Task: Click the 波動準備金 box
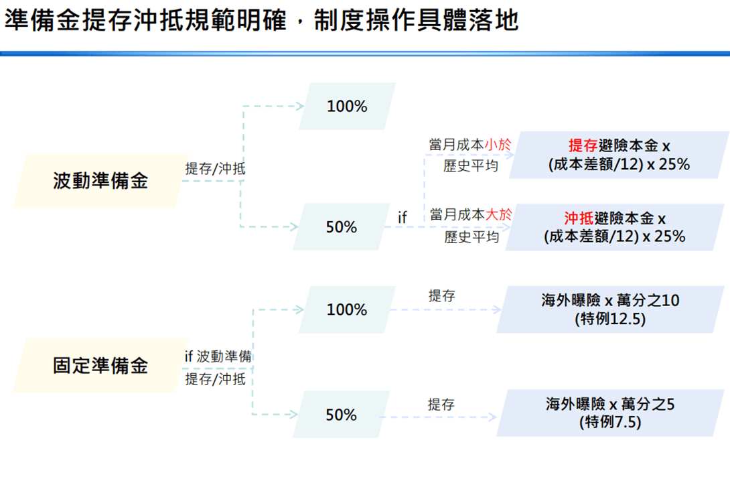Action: point(100,181)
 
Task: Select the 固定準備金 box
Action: point(100,366)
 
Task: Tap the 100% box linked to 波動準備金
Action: point(348,106)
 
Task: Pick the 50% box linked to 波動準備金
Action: point(342,226)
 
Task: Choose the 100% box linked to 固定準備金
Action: point(348,309)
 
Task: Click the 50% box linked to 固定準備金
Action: point(342,415)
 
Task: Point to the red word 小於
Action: point(498,145)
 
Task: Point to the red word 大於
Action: point(499,214)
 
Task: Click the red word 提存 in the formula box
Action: point(583,146)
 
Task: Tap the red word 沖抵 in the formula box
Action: point(579,218)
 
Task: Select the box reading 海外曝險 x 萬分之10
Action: point(610,309)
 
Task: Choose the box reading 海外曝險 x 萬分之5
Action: point(610,413)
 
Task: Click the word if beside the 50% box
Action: point(403,217)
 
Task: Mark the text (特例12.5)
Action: point(610,320)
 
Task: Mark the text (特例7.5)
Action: point(610,422)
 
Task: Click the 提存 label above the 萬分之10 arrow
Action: point(442,295)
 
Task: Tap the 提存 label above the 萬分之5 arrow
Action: point(441,404)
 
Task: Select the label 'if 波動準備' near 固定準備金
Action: point(218,356)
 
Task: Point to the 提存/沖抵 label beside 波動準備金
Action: point(215,169)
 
